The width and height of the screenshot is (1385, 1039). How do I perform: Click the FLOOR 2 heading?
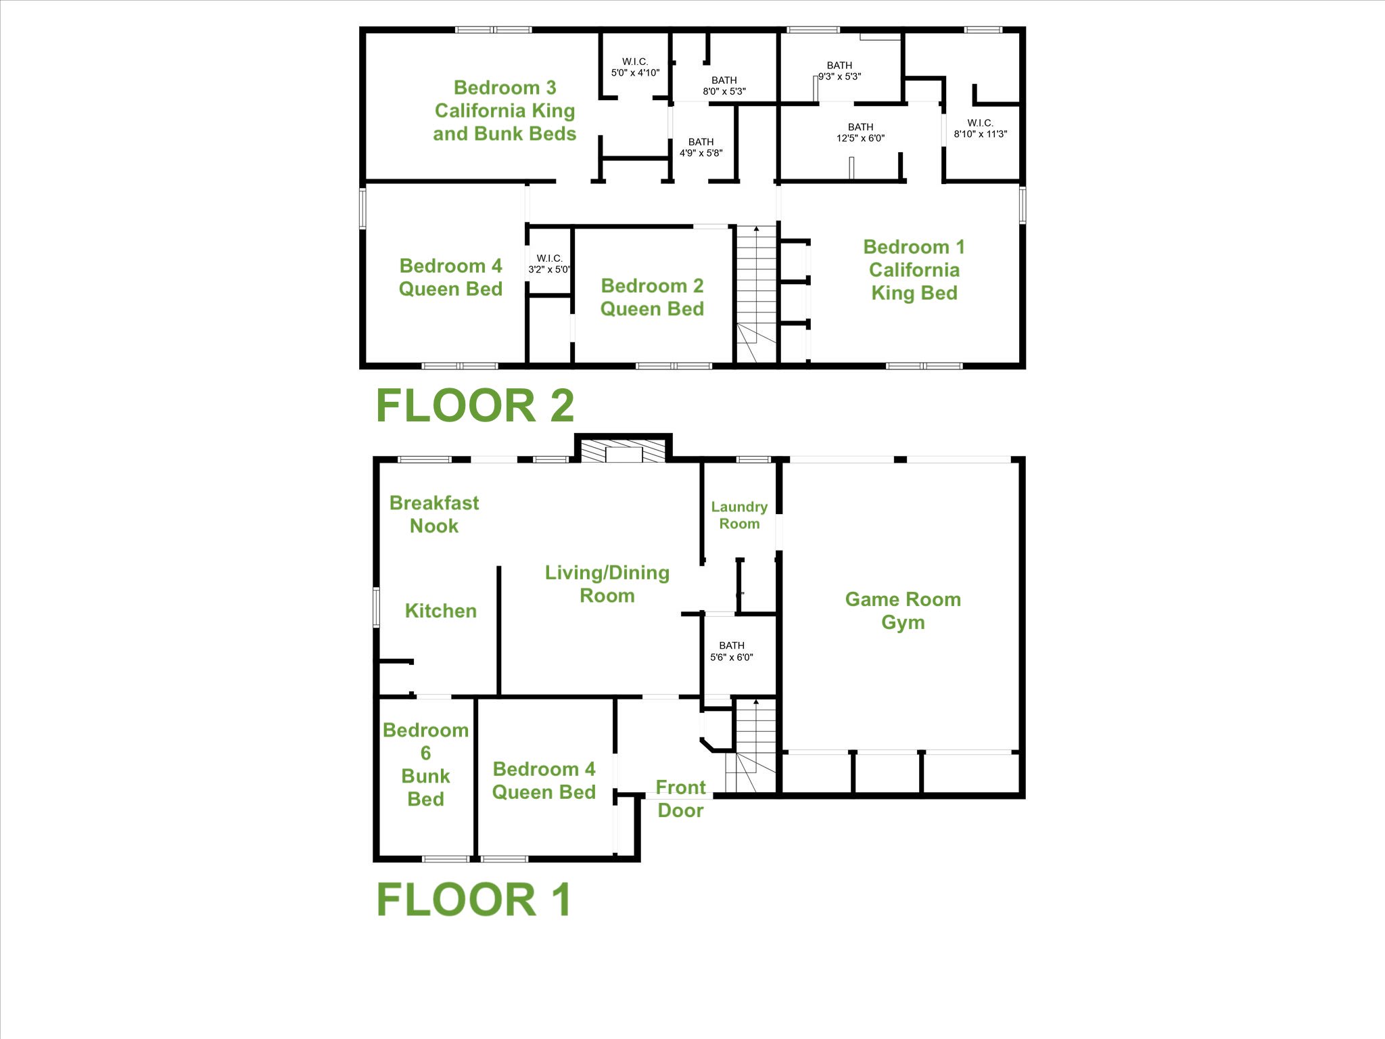point(475,406)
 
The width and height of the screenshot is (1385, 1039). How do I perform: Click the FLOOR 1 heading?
point(474,900)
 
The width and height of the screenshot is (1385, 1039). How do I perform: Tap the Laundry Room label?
point(739,515)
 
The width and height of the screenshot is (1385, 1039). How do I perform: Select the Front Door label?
point(680,799)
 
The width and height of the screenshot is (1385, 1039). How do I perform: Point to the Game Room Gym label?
point(903,611)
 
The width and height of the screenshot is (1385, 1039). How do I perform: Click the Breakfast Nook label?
point(434,514)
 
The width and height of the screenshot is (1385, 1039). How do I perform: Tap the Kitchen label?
point(441,611)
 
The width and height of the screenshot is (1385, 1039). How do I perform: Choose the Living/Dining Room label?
point(607,584)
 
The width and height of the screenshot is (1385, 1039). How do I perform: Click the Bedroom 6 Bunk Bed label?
point(425,764)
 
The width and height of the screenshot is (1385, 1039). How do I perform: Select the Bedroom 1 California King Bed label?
point(914,270)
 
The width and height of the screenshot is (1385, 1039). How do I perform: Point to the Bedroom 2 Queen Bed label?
point(652,297)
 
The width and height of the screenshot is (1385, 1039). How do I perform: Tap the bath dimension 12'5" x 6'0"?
point(860,138)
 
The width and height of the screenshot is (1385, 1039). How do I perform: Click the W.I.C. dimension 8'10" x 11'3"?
point(981,134)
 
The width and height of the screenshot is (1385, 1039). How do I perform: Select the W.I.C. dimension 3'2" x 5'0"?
point(549,269)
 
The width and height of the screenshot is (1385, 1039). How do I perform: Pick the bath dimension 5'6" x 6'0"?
point(732,657)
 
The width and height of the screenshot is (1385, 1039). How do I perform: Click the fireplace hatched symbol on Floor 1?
point(624,451)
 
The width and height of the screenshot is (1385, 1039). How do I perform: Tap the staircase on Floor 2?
point(756,294)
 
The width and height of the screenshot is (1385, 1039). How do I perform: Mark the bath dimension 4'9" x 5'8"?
point(701,153)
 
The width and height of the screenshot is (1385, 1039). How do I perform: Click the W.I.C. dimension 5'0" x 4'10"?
point(635,72)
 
